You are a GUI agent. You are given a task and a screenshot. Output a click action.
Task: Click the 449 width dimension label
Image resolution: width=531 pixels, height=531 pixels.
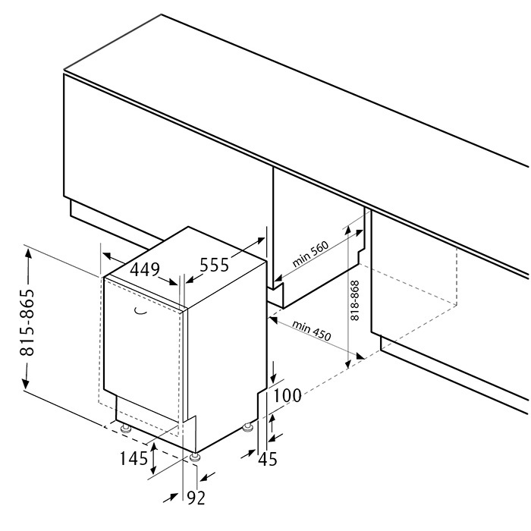145,270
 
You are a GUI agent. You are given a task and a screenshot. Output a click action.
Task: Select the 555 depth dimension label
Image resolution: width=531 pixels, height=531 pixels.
215,265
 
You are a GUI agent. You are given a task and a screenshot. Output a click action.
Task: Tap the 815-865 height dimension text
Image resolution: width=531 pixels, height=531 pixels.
27,322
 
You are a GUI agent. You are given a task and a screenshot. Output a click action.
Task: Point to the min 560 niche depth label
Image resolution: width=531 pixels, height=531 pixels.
310,253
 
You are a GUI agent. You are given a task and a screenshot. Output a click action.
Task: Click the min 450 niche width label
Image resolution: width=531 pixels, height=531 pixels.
311,331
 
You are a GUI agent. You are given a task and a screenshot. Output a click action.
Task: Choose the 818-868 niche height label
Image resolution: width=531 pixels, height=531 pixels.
354,300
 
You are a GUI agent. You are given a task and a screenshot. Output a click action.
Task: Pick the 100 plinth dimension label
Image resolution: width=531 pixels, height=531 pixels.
287,395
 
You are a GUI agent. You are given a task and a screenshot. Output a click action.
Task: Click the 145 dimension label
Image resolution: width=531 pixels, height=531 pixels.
134,459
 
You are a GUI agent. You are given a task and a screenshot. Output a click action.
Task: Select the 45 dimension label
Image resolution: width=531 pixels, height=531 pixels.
268,460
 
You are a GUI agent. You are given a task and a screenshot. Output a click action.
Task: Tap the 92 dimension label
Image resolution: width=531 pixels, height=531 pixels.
196,498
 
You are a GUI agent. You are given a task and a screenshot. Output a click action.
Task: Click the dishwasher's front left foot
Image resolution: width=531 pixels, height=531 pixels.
127,429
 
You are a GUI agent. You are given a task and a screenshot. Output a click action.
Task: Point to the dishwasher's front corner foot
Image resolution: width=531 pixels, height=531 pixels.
195,457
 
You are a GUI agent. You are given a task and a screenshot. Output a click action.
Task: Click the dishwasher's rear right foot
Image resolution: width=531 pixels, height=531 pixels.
248,427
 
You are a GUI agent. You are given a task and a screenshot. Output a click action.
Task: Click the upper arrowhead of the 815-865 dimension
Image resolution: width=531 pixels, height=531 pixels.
28,253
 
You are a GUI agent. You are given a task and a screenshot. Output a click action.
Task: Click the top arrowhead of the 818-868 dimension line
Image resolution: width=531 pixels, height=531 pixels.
347,231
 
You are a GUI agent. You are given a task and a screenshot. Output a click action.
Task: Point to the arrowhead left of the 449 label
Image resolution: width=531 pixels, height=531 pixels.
108,256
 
